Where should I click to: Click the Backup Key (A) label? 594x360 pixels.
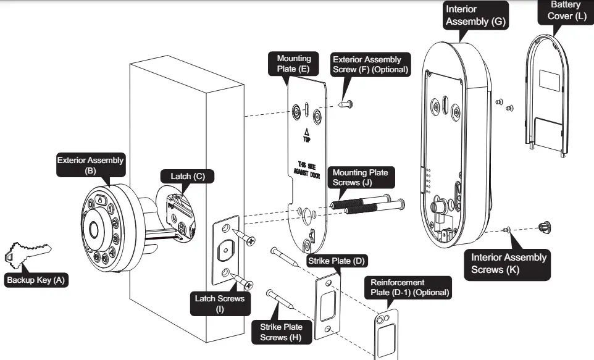point(36,280)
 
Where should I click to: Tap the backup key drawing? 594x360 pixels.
point(27,253)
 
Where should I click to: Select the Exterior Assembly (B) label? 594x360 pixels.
point(91,165)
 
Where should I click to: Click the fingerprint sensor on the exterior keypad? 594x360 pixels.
point(94,230)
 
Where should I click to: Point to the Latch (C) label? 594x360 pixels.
point(188,176)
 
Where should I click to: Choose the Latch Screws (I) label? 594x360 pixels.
point(220,304)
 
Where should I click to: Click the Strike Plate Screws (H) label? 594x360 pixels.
point(281,332)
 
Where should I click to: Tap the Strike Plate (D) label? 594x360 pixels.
point(337,261)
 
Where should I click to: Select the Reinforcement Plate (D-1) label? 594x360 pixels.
point(409,287)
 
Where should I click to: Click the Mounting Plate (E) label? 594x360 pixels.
point(293,64)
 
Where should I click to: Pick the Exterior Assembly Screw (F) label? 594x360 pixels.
point(370,64)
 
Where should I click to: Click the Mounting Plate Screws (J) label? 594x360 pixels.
point(361,177)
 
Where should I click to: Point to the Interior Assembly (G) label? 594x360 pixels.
point(475,15)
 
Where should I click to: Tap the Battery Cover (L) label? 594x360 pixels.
point(566,11)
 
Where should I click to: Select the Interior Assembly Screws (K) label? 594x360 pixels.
point(508,264)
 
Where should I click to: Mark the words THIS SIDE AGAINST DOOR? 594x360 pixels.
point(307,170)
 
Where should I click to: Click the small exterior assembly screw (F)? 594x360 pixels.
point(346,104)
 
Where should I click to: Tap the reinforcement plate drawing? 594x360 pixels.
point(387,334)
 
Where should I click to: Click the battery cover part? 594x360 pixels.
point(546,94)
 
